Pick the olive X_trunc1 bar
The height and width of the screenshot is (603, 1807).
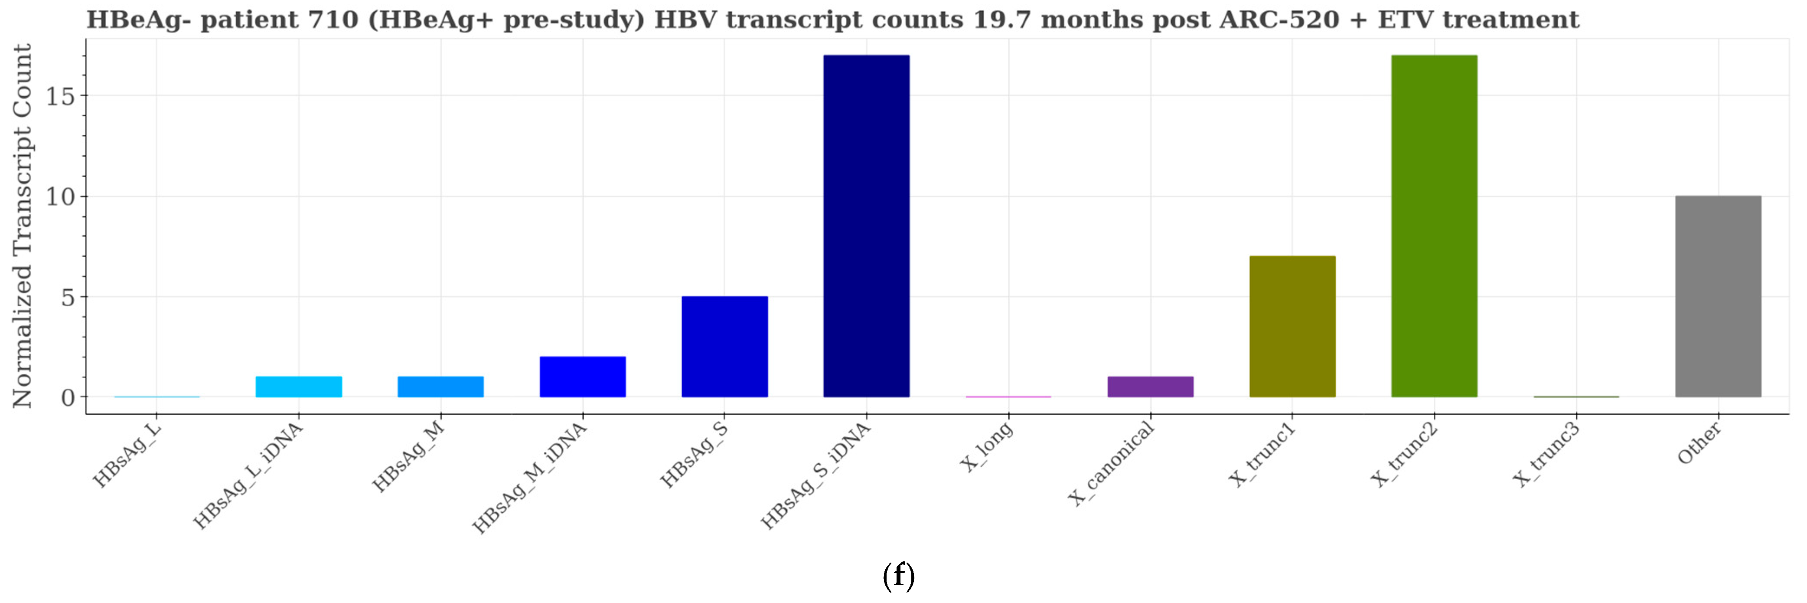pyautogui.click(x=1292, y=326)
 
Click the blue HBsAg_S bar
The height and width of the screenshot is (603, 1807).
pyautogui.click(x=724, y=347)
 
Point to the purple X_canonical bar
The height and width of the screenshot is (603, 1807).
pyautogui.click(x=1150, y=387)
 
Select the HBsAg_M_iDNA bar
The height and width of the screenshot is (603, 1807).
pyautogui.click(x=582, y=377)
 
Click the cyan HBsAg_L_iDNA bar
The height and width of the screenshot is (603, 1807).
pyautogui.click(x=299, y=387)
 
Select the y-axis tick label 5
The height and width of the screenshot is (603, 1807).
pyautogui.click(x=67, y=297)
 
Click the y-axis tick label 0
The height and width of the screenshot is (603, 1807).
pyautogui.click(x=67, y=397)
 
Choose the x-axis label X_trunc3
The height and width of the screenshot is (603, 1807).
pyautogui.click(x=1546, y=455)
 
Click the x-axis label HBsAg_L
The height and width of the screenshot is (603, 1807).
pyautogui.click(x=127, y=453)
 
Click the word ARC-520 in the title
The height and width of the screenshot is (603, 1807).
pyautogui.click(x=1279, y=20)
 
